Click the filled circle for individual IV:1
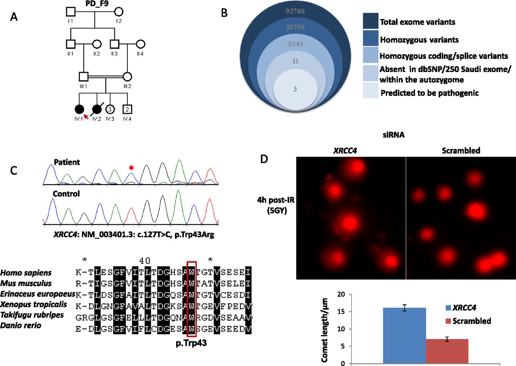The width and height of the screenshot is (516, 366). coord(79,109)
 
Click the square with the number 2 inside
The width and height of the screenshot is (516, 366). coord(127,109)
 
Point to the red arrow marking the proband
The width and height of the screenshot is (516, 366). coord(86,117)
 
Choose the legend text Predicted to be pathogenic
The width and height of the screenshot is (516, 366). coord(430,93)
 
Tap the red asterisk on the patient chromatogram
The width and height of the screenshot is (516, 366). coord(131,167)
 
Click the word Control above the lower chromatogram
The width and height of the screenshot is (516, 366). coord(67,194)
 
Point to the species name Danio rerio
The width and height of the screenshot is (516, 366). coord(21,325)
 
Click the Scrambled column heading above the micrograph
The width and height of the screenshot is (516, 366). coord(460,151)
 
